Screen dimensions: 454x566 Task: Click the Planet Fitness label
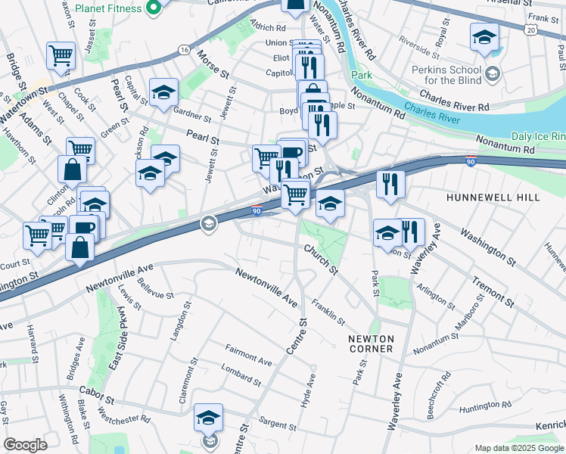113,8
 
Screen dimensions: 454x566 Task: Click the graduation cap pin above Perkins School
484,36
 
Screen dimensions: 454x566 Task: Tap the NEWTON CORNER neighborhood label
371,344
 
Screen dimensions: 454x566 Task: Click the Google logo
25,445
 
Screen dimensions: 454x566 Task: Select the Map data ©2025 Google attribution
519,447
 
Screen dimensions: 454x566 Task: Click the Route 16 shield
184,49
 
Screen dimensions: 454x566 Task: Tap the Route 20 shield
530,27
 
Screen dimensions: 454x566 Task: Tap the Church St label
321,259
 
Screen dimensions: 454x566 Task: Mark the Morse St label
213,66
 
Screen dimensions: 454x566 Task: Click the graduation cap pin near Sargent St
208,418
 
